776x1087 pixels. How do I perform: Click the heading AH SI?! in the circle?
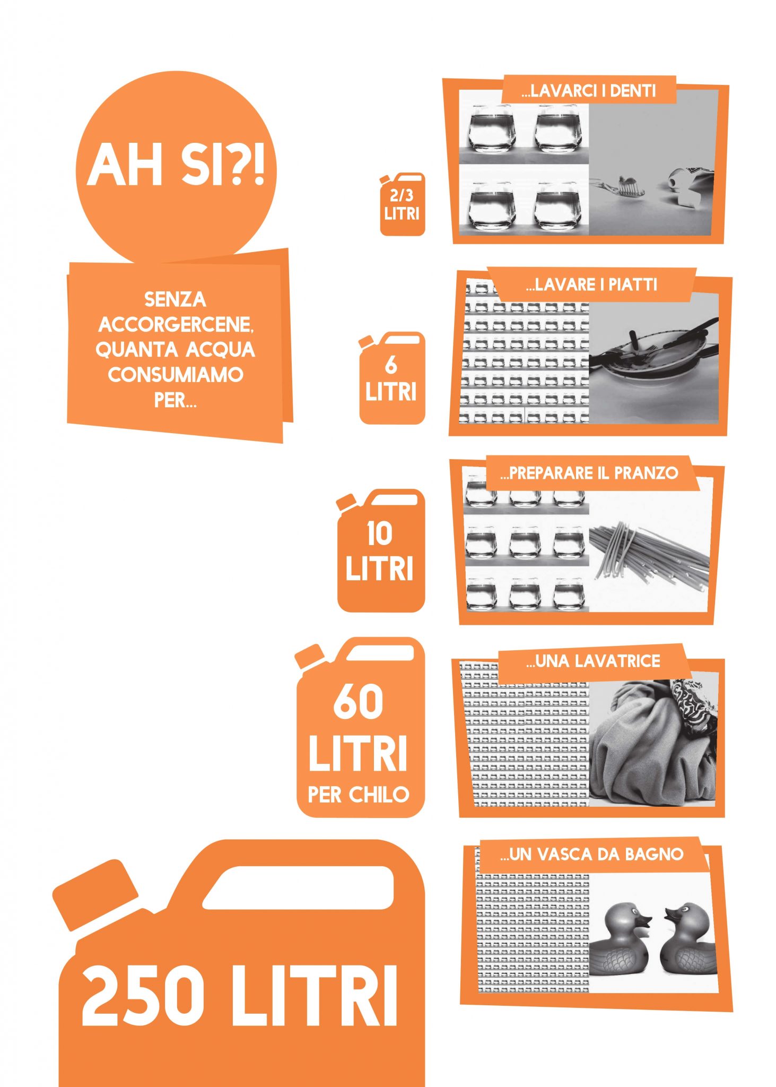pyautogui.click(x=176, y=164)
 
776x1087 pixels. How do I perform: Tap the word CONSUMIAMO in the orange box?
pyautogui.click(x=176, y=375)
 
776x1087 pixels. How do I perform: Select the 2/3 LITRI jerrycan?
pyautogui.click(x=402, y=204)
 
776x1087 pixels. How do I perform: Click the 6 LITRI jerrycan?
pyautogui.click(x=391, y=377)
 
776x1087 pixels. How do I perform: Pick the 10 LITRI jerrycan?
pyautogui.click(x=380, y=550)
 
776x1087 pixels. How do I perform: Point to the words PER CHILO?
pyautogui.click(x=359, y=795)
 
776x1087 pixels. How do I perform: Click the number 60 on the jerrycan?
pyautogui.click(x=359, y=702)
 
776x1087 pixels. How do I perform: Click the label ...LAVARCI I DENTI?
pyautogui.click(x=589, y=91)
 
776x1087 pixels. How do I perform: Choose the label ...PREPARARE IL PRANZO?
pyautogui.click(x=589, y=473)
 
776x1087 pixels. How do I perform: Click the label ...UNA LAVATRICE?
pyautogui.click(x=593, y=661)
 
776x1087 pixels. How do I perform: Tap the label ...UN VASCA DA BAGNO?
pyautogui.click(x=591, y=855)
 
